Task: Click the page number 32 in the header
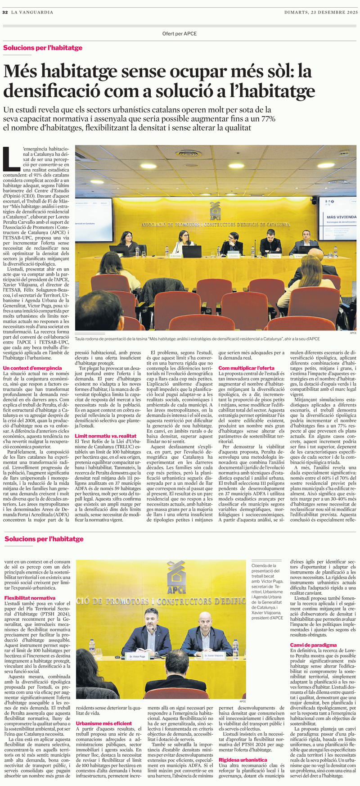click(x=5, y=12)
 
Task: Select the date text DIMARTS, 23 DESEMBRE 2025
click(x=321, y=12)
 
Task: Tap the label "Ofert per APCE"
click(x=180, y=34)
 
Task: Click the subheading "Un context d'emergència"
click(x=32, y=368)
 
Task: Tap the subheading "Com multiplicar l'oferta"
click(x=246, y=368)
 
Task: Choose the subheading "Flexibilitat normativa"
click(x=30, y=598)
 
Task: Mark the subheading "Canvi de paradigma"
click(x=313, y=645)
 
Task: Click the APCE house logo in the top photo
click(x=216, y=211)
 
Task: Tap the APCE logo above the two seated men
click(x=176, y=577)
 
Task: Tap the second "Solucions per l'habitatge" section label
click(x=44, y=538)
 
